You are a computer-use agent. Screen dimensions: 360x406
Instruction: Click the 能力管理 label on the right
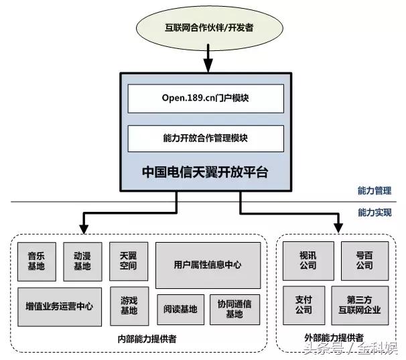point(375,191)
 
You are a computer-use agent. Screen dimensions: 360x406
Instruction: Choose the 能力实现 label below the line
point(375,213)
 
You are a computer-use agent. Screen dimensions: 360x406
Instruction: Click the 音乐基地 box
point(36,261)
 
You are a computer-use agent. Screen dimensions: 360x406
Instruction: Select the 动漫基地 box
point(82,261)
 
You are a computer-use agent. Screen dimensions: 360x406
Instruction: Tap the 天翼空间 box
point(128,261)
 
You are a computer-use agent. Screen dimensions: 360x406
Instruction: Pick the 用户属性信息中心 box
point(207,265)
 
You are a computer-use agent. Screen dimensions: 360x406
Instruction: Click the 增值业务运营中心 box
point(59,306)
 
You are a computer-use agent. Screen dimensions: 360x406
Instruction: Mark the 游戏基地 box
point(128,306)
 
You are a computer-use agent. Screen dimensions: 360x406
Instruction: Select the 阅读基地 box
point(180,310)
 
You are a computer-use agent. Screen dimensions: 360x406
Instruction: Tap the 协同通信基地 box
point(234,310)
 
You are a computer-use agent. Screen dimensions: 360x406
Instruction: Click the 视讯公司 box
point(308,261)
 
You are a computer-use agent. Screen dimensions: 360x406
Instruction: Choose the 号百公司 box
point(364,261)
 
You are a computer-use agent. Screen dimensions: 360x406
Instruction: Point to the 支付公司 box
point(303,305)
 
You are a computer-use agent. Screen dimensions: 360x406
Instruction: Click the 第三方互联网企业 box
point(360,305)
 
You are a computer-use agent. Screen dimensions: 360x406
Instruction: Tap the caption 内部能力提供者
point(141,338)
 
